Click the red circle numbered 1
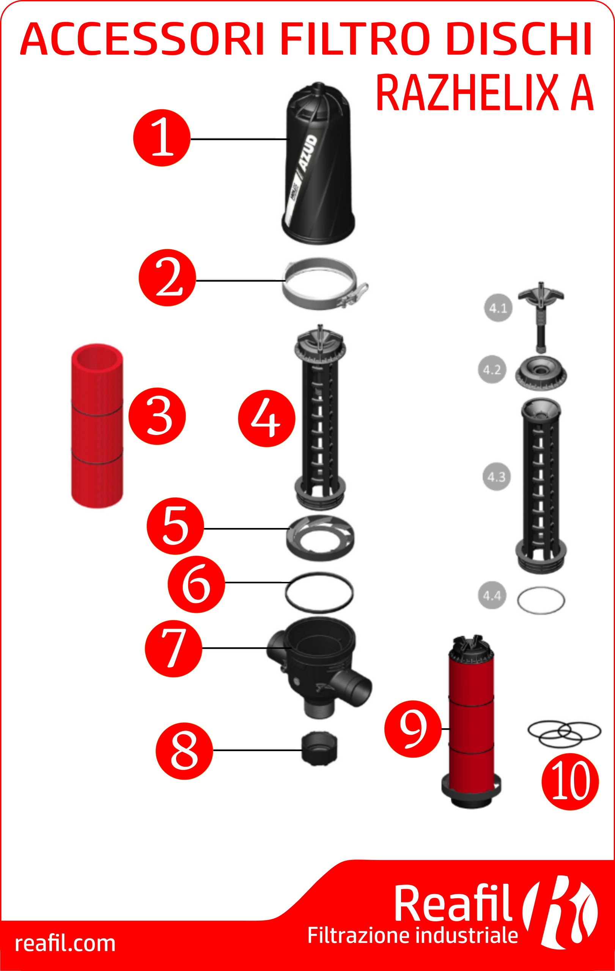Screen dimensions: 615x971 161,138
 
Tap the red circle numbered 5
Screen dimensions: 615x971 175,526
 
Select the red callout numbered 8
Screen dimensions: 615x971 184,751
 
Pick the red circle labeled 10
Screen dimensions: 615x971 570,781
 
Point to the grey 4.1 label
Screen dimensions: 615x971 498,308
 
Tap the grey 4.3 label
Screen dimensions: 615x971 496,476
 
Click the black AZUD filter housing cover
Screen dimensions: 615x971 318,163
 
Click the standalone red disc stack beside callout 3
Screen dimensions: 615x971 97,426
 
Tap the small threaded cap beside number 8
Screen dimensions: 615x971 319,748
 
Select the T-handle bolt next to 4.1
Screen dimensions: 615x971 541,317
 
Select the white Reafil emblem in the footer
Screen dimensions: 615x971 560,912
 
